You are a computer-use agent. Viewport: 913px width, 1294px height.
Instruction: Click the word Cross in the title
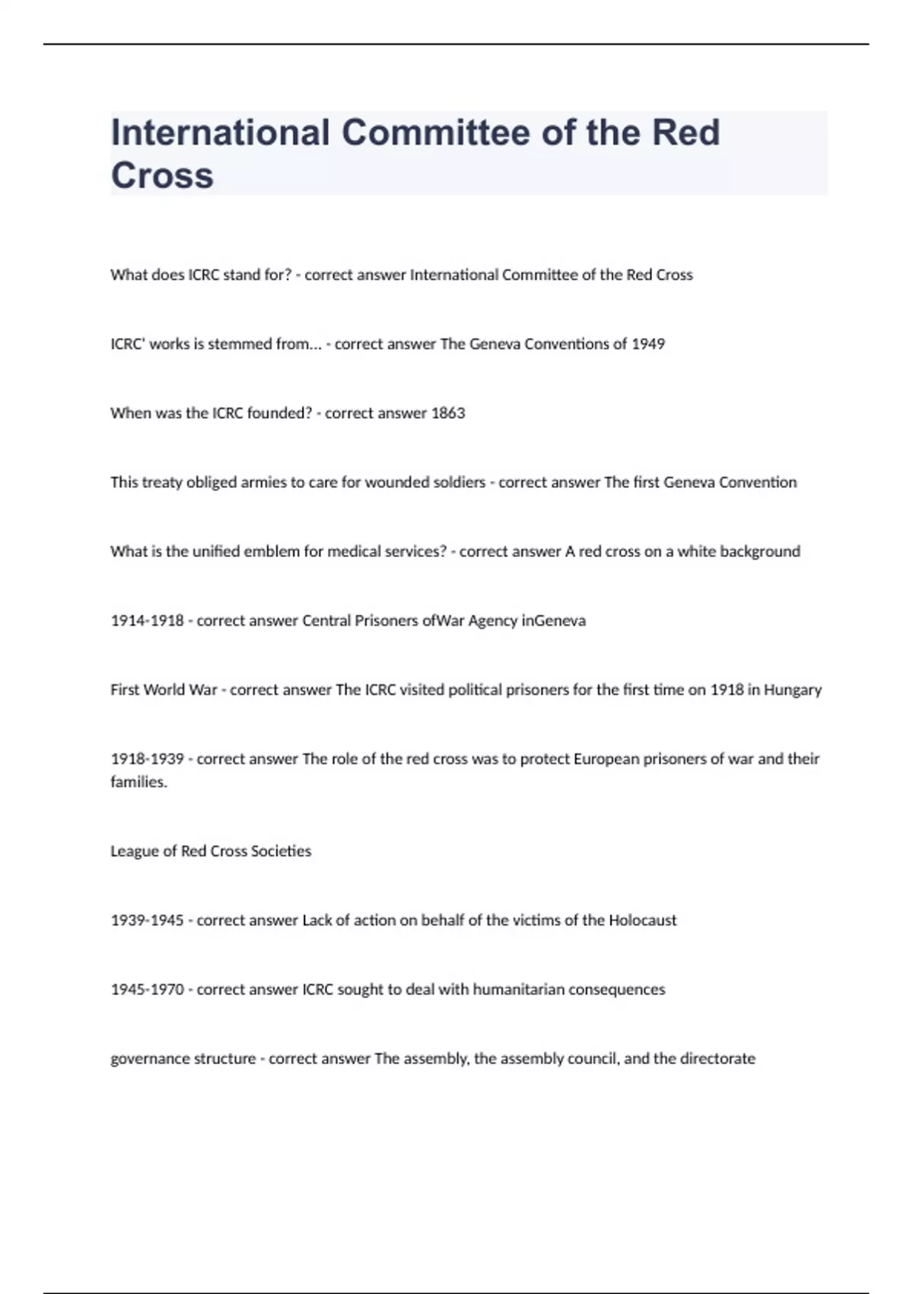(162, 175)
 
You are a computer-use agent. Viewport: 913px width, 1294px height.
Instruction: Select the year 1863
(448, 413)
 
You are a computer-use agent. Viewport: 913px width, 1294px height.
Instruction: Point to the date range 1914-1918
(147, 620)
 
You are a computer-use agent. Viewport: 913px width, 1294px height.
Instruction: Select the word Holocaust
(642, 920)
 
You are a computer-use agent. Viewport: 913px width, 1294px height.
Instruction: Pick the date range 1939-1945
(147, 920)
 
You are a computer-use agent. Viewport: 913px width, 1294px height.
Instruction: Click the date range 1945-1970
(147, 990)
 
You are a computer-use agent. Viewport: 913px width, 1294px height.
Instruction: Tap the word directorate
(717, 1059)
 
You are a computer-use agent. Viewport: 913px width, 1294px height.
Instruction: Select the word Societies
(281, 851)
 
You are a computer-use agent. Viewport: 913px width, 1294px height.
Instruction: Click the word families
(138, 782)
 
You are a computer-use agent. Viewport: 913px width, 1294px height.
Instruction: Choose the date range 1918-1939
(147, 759)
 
